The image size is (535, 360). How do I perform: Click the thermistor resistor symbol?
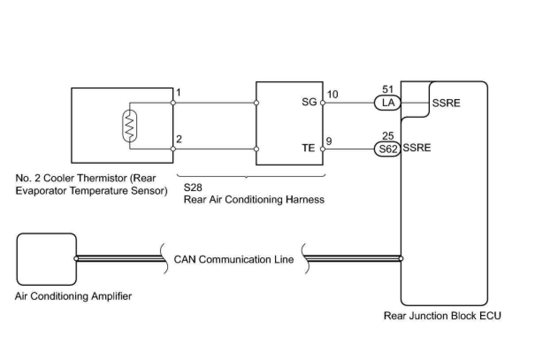pyautogui.click(x=130, y=126)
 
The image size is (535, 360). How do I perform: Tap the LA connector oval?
pyautogui.click(x=387, y=103)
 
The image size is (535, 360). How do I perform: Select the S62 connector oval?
pyautogui.click(x=387, y=149)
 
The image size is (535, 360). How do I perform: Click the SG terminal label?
pyautogui.click(x=309, y=102)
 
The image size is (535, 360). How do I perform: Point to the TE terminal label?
pyautogui.click(x=308, y=148)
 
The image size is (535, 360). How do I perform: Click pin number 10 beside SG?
pyautogui.click(x=332, y=95)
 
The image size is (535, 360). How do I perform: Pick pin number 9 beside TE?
pyautogui.click(x=329, y=141)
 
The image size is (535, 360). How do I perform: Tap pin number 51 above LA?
pyautogui.click(x=388, y=90)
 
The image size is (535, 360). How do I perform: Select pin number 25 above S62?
pyautogui.click(x=388, y=136)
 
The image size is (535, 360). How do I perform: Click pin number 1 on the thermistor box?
pyautogui.click(x=179, y=93)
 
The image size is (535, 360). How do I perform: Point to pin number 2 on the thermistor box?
pyautogui.click(x=179, y=139)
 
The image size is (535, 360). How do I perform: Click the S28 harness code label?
pyautogui.click(x=193, y=188)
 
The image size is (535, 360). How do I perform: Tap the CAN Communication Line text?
pyautogui.click(x=233, y=260)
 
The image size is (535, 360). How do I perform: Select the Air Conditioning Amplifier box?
pyautogui.click(x=46, y=259)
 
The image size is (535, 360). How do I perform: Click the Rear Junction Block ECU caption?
pyautogui.click(x=442, y=316)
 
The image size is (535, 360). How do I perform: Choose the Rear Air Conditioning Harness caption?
pyautogui.click(x=254, y=199)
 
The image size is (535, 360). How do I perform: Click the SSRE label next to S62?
pyautogui.click(x=417, y=148)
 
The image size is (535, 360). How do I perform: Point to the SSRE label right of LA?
pyautogui.click(x=446, y=103)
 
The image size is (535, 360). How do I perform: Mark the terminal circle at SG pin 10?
pyautogui.click(x=323, y=103)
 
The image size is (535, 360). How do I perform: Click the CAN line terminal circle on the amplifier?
pyautogui.click(x=76, y=258)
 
